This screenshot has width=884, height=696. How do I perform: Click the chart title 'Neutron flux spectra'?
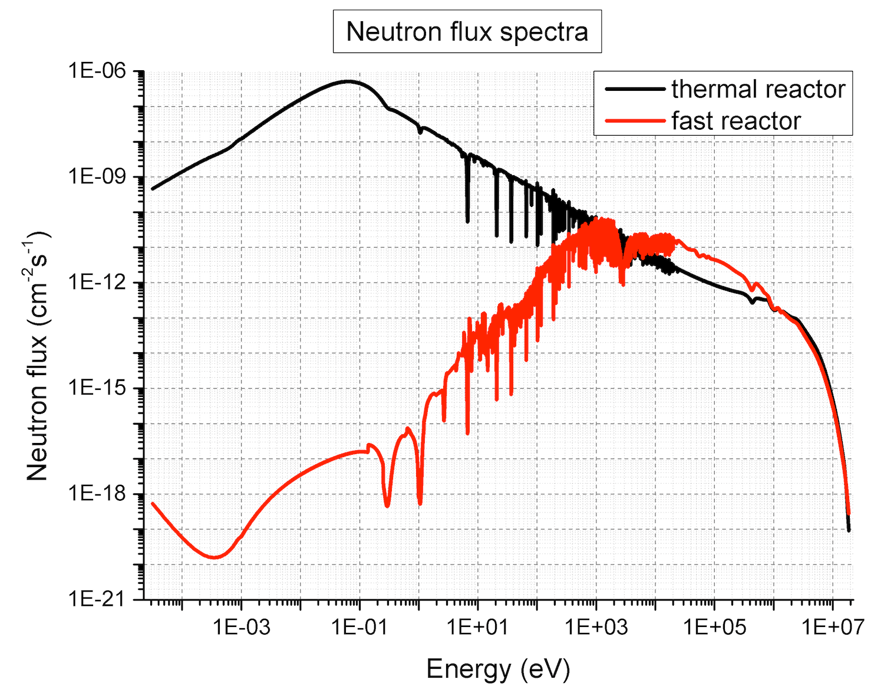pos(467,31)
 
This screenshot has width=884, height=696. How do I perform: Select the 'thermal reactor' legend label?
pos(758,89)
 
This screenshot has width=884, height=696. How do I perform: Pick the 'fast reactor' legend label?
pos(735,121)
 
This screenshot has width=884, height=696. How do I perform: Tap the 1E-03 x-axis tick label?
pos(241,627)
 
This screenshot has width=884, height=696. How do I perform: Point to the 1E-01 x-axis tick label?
pos(359,627)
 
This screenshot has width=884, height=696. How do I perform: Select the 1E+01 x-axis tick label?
pos(478,627)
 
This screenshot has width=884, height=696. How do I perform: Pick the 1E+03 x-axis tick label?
pos(596,627)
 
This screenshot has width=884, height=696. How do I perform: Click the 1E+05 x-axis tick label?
pos(715,627)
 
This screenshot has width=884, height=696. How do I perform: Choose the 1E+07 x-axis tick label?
pos(833,627)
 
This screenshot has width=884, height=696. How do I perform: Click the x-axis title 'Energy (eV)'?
pos(498,669)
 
